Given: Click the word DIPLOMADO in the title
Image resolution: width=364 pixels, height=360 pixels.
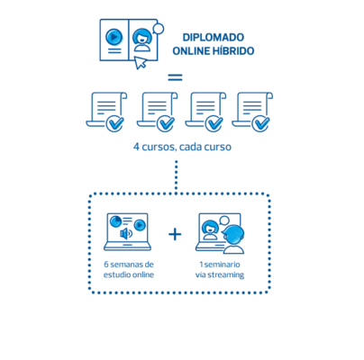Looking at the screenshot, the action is (x=214, y=38).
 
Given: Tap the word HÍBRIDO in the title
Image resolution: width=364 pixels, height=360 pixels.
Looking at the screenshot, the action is (x=233, y=50).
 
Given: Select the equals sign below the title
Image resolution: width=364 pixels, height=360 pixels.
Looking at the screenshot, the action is (x=175, y=77).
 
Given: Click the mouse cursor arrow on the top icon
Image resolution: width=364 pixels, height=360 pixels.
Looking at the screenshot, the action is (x=140, y=62).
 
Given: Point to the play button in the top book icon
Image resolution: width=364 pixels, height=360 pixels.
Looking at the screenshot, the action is (x=114, y=37).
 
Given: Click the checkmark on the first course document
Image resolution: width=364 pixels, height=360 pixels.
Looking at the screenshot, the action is (x=114, y=123).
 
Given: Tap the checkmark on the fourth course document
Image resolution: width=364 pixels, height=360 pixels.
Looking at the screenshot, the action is (x=260, y=123).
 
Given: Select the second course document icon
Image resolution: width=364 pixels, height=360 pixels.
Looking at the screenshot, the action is (x=157, y=112).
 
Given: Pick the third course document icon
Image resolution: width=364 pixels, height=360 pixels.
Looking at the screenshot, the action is (x=205, y=112).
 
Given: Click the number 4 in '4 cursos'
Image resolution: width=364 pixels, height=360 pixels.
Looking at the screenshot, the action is (x=136, y=147).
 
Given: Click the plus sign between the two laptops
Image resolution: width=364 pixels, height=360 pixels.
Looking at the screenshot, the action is (x=175, y=234).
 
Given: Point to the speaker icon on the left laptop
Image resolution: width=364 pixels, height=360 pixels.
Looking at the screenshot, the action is (x=126, y=233).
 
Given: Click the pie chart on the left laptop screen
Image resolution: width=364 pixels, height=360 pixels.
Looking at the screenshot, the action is (x=115, y=221).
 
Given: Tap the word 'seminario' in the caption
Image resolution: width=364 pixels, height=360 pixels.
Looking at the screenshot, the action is (x=222, y=265).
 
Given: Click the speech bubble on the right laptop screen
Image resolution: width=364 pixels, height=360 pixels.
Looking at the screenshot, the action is (x=224, y=221).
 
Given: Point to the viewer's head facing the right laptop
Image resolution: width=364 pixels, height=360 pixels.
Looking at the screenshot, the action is (x=233, y=235).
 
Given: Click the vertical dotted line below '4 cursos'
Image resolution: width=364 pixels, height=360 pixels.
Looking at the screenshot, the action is (x=177, y=175).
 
